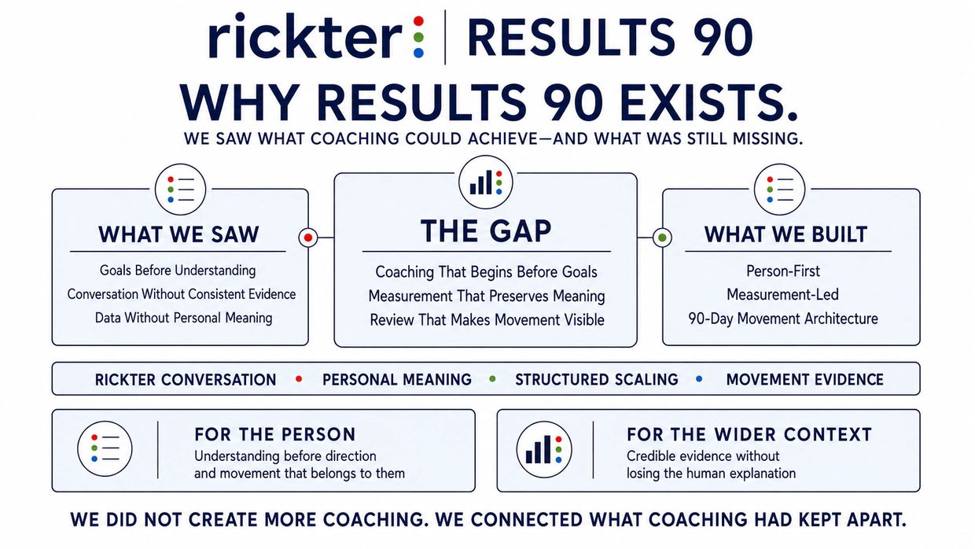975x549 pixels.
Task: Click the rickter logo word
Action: click(305, 35)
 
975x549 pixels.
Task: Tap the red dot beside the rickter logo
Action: click(418, 20)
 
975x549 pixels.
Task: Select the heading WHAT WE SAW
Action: click(178, 234)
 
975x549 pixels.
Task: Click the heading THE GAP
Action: click(486, 230)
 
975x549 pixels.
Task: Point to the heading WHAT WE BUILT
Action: click(786, 234)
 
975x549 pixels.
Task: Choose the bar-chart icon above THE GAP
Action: click(486, 182)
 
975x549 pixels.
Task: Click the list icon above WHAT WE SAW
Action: click(180, 190)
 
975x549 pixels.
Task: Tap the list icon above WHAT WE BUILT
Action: click(779, 190)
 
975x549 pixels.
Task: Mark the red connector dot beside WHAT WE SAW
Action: click(308, 238)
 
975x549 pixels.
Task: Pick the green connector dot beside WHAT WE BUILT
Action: click(662, 238)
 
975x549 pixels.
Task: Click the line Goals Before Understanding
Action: click(178, 271)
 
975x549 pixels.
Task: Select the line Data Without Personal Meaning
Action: click(184, 318)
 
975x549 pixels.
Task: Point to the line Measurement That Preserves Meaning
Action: click(486, 296)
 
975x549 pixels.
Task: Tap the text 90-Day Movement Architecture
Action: click(783, 319)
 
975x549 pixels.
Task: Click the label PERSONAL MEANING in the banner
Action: click(397, 379)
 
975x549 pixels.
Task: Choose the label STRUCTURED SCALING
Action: click(596, 379)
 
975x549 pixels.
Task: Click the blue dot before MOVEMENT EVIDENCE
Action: click(699, 379)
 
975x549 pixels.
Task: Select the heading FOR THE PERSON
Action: click(275, 434)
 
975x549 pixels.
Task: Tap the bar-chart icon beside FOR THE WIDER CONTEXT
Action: click(543, 449)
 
